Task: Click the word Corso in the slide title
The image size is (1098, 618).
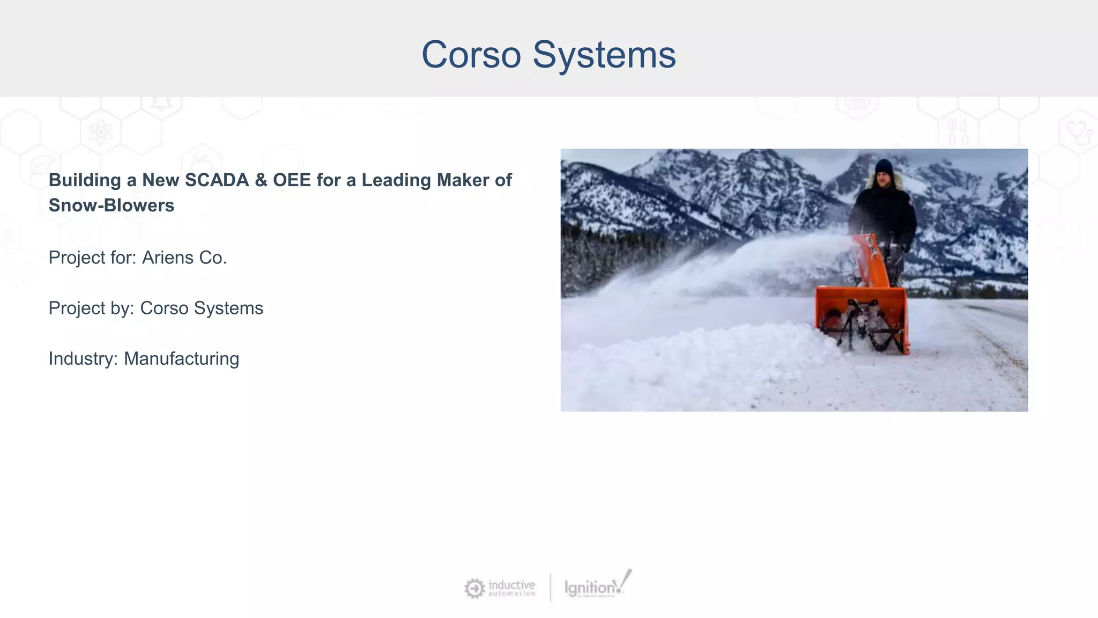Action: [x=471, y=55]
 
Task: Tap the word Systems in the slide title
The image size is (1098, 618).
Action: [x=604, y=55]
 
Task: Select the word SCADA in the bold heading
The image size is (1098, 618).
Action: [x=217, y=180]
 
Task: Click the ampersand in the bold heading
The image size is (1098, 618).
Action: [x=261, y=180]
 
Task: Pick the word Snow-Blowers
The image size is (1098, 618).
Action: [x=112, y=205]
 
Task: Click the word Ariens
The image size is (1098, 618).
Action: [x=167, y=257]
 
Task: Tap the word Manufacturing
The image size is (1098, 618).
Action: [x=181, y=358]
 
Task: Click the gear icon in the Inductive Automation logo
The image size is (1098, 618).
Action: [x=474, y=588]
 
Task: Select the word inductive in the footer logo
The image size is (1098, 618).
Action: [x=511, y=585]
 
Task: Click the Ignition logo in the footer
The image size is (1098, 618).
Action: [x=596, y=587]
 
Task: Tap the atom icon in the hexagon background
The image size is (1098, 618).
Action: [x=100, y=131]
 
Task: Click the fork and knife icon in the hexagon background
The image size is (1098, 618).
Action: [x=958, y=132]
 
